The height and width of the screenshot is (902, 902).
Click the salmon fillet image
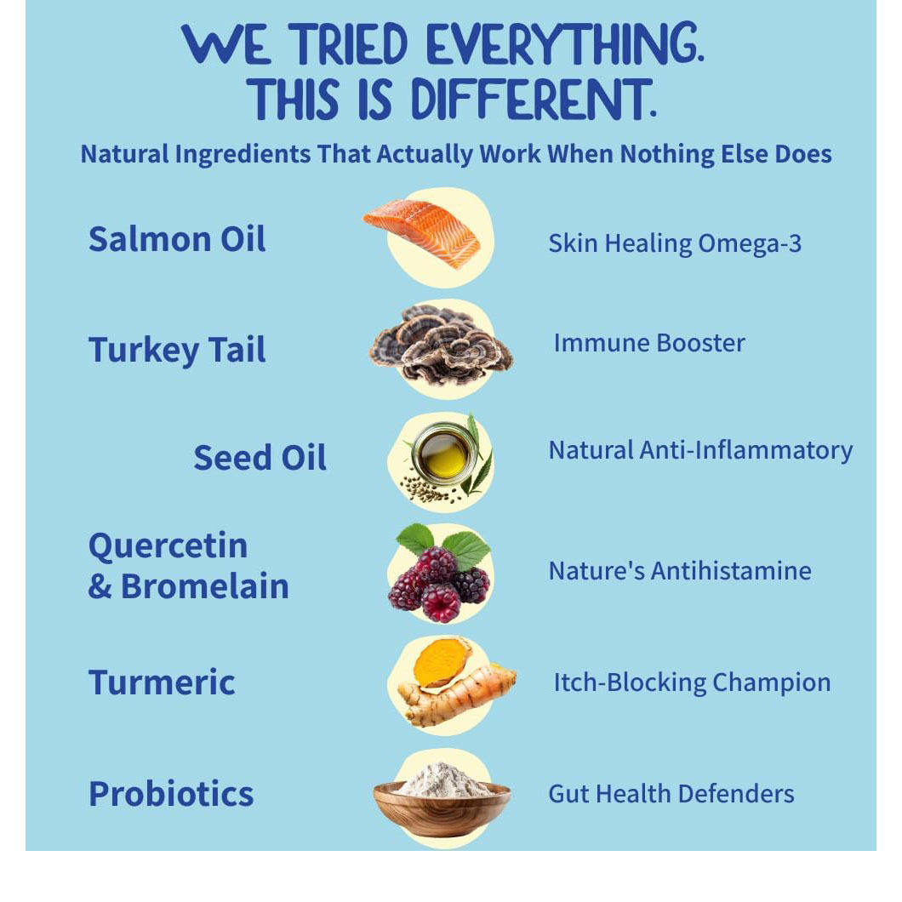[422, 232]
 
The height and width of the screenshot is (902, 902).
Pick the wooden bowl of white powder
[442, 800]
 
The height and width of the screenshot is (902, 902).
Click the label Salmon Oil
[177, 239]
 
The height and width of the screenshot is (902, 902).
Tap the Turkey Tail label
[177, 350]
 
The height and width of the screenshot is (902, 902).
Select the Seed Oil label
[260, 457]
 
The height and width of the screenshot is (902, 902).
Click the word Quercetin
[168, 546]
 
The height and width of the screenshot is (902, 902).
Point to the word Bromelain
[205, 586]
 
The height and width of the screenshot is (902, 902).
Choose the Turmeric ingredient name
[162, 682]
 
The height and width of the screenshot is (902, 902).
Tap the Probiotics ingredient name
[171, 794]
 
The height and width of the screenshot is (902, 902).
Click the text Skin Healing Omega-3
[675, 244]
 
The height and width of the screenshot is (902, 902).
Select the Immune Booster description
[649, 343]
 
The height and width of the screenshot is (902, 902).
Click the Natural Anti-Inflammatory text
[700, 450]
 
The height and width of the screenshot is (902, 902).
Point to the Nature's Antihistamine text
[680, 571]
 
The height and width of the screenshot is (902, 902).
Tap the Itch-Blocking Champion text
[692, 682]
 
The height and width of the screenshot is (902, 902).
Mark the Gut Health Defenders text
[671, 794]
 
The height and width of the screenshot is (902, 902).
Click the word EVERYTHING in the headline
[566, 43]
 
